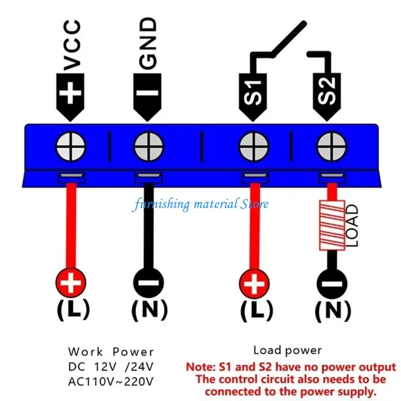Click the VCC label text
click(73, 45)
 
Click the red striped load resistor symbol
click(331, 226)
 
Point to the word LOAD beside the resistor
click(352, 226)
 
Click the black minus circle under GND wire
click(148, 284)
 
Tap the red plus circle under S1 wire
click(255, 284)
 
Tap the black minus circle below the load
click(331, 284)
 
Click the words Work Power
click(111, 352)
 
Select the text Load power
click(287, 350)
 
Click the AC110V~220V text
click(111, 381)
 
